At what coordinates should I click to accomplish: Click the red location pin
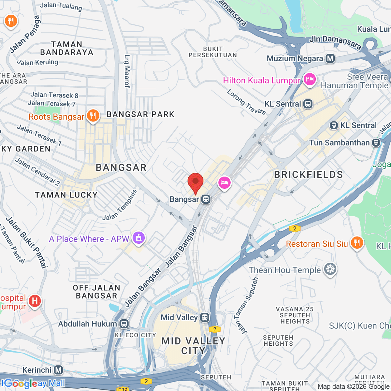195,182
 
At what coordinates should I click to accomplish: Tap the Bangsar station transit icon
206,199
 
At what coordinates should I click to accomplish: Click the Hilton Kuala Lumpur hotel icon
309,79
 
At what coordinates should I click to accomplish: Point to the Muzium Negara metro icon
330,58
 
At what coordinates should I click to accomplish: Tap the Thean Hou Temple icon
330,269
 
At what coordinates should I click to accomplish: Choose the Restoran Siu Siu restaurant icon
357,243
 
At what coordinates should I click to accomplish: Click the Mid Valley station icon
205,317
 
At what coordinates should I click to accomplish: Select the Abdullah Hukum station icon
124,324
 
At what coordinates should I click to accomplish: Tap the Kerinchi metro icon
58,370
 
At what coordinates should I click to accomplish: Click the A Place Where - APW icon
138,238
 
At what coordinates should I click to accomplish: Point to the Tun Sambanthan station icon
376,143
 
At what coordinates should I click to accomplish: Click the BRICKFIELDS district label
308,175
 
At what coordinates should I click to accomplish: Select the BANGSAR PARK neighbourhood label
140,114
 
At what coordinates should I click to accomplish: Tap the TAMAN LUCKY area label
66,195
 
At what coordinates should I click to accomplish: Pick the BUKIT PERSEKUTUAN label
212,52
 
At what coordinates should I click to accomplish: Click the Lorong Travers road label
246,102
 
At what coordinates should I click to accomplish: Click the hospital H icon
35,301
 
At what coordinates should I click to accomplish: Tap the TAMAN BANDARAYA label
67,48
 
